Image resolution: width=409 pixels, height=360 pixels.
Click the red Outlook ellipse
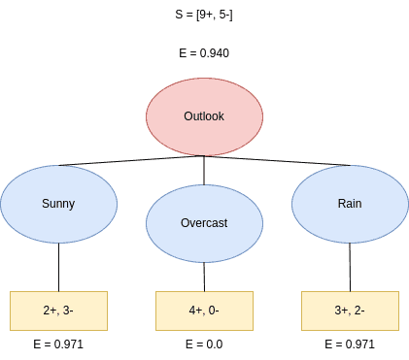tap(204, 115)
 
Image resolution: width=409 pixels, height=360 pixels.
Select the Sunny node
tap(58, 204)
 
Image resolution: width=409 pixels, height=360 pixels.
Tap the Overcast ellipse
tap(204, 222)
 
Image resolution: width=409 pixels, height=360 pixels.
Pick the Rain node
tap(350, 204)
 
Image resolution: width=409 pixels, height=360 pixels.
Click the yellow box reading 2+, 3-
tap(58, 311)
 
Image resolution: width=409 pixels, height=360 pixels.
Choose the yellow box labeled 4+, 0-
tap(204, 311)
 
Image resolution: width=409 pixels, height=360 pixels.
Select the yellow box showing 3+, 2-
tap(350, 311)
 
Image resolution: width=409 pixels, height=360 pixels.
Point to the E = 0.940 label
tap(204, 53)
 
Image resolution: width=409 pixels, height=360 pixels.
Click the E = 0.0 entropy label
tap(204, 344)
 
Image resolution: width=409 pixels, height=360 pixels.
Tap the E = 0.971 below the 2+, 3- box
tap(58, 344)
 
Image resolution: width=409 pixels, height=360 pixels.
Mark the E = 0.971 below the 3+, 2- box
tap(350, 344)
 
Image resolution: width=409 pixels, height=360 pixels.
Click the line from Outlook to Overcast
tap(204, 170)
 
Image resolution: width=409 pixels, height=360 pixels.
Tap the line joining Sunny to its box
tap(58, 267)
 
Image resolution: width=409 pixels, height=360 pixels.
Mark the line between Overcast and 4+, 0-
tap(204, 276)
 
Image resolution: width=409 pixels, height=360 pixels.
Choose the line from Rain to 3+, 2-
tap(350, 267)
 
